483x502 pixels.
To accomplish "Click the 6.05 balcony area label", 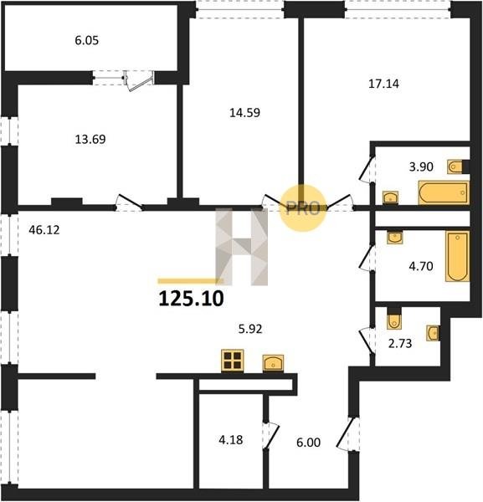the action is click(87, 41).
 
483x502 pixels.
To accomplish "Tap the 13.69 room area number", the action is click(90, 140).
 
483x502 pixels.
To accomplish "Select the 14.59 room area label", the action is click(244, 113).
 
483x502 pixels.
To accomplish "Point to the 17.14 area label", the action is click(383, 84).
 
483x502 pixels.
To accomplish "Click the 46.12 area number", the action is click(44, 230).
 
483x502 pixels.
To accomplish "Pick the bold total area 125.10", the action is click(191, 299).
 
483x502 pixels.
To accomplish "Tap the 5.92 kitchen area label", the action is click(250, 329).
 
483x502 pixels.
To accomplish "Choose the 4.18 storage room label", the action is click(230, 440).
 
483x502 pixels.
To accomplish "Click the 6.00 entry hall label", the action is click(308, 443).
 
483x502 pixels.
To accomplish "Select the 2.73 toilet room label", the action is click(400, 344).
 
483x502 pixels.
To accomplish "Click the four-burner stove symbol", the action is click(233, 361).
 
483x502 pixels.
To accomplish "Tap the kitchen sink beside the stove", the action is click(273, 363).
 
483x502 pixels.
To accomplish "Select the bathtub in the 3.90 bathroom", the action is click(444, 192).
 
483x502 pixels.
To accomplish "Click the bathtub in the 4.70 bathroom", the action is click(457, 257).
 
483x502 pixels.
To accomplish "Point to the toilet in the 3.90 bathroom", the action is click(455, 166).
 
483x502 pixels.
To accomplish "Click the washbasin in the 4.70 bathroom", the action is click(394, 238).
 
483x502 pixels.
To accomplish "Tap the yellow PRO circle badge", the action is click(303, 208).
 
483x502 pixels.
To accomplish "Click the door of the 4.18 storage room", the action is click(270, 435).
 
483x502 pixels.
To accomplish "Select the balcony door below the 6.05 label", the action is click(138, 81).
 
